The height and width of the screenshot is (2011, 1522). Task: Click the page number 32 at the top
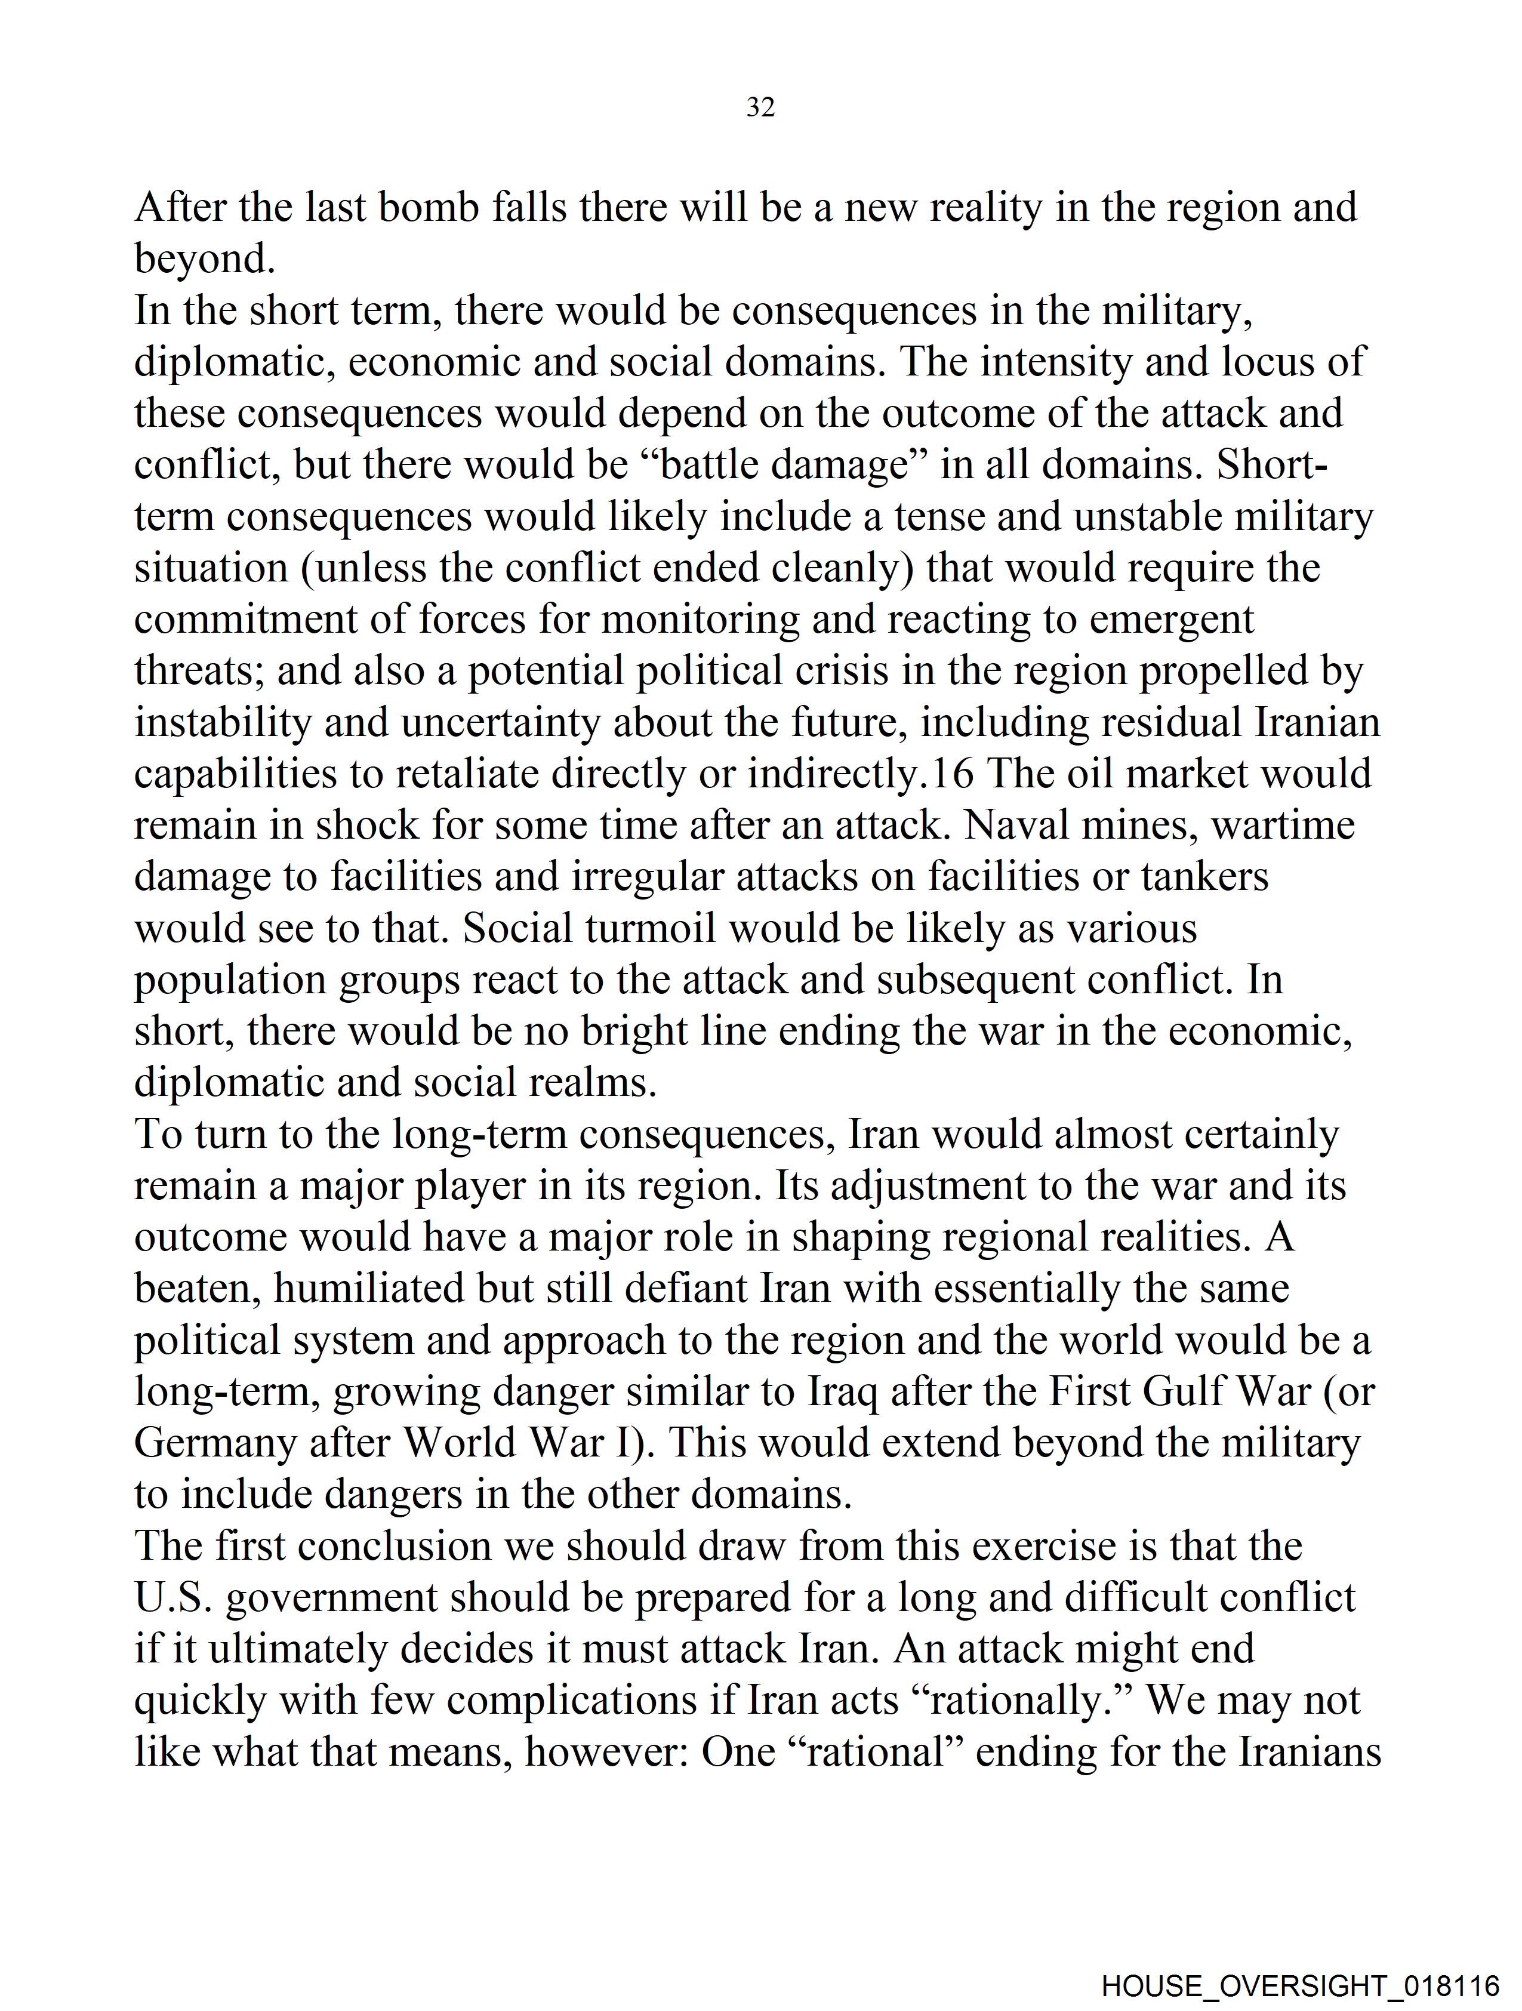[x=760, y=108]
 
